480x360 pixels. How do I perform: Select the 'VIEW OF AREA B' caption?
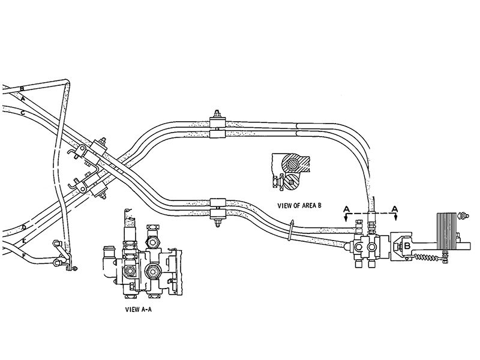[x=299, y=205]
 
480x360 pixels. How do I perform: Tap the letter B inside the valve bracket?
[x=406, y=245]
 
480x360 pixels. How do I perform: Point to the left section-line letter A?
[x=346, y=210]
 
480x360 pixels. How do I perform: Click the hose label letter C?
[x=22, y=113]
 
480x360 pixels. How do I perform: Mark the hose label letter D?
[x=23, y=227]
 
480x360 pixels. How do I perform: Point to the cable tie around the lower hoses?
[x=290, y=231]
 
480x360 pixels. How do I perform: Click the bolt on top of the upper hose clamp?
[x=217, y=115]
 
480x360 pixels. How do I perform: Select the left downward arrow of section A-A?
[x=346, y=220]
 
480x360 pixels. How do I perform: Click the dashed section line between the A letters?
[x=371, y=213]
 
